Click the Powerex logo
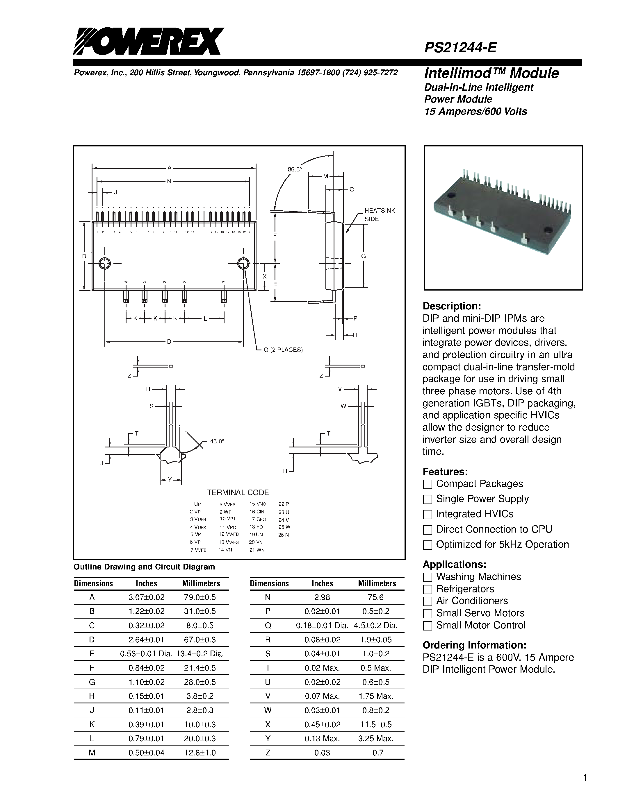point(148,41)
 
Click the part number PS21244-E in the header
point(460,47)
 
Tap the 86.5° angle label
point(295,169)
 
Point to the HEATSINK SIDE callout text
point(379,215)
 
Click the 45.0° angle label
point(217,441)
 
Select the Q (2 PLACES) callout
point(283,350)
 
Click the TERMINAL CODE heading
point(238,492)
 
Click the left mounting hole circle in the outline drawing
point(105,263)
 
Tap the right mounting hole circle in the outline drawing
point(243,263)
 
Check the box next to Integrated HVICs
point(427,514)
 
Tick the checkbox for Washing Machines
point(427,577)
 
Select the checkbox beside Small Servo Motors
point(427,613)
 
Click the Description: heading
point(451,306)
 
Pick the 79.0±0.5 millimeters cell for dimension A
point(200,597)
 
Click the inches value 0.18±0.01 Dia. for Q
point(322,626)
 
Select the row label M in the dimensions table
point(92,753)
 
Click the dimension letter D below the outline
point(169,342)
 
